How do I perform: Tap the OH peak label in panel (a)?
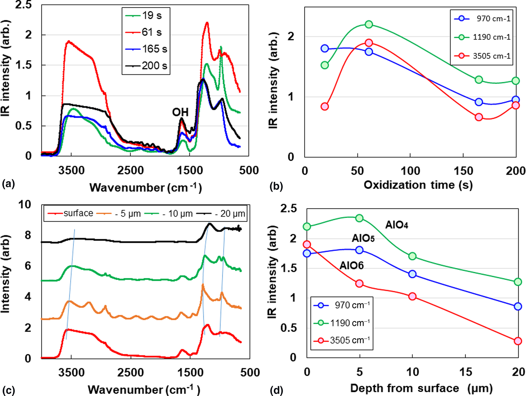click(180, 112)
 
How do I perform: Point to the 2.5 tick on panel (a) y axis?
click(23, 5)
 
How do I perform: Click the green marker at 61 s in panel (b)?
click(369, 24)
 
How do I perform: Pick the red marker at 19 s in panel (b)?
click(325, 106)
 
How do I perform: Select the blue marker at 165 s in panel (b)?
click(479, 102)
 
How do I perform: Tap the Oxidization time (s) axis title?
click(418, 185)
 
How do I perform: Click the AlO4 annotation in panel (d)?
click(397, 225)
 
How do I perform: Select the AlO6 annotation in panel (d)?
click(352, 266)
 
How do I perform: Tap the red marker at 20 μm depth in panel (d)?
click(518, 341)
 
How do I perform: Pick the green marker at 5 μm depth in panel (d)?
click(359, 218)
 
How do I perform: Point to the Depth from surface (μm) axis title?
click(421, 388)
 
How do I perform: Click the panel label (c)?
click(8, 390)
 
